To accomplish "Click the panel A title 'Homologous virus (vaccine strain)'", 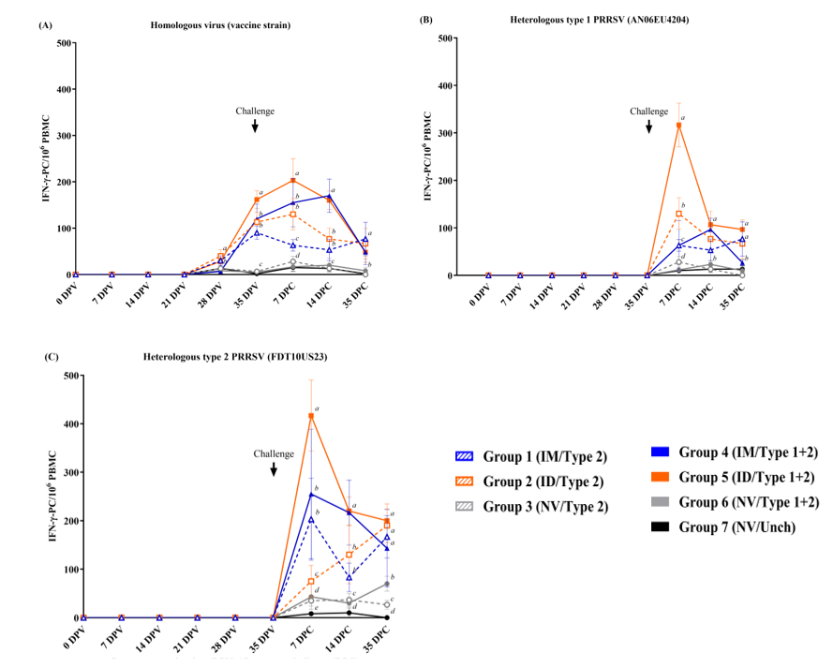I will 220,25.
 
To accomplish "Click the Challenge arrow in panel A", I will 255,126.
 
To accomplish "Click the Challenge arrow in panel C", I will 274,468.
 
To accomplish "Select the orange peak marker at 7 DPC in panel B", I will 677,125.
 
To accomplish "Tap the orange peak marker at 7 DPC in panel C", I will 311,415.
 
